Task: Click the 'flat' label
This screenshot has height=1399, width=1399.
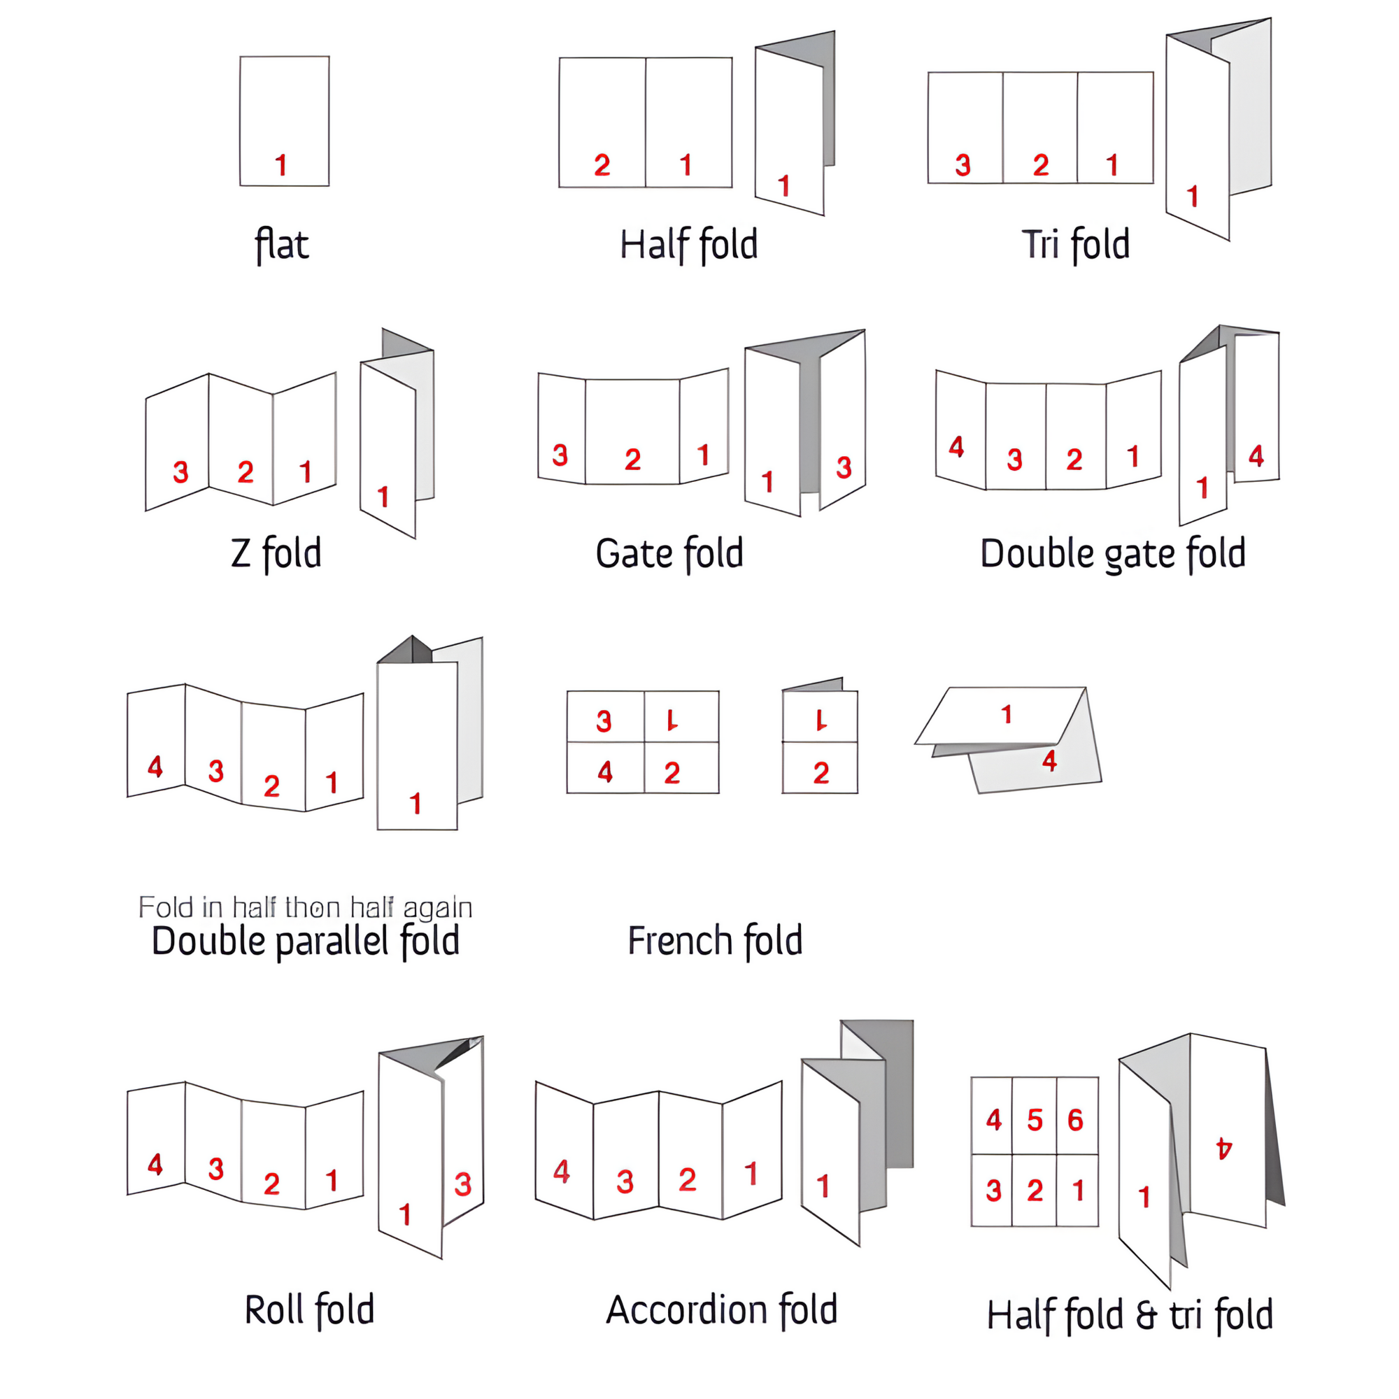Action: pyautogui.click(x=282, y=245)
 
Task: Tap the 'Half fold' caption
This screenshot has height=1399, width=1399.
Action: pyautogui.click(x=688, y=244)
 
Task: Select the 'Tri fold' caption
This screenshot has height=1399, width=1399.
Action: pyautogui.click(x=1075, y=244)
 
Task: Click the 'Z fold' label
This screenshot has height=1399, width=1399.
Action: pyautogui.click(x=276, y=554)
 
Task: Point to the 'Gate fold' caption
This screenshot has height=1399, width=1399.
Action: pyautogui.click(x=669, y=554)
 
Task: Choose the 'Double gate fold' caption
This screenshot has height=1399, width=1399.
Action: pyautogui.click(x=1113, y=555)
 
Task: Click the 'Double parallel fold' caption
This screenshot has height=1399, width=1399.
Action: pyautogui.click(x=306, y=942)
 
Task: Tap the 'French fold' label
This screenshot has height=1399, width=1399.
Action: pyautogui.click(x=715, y=941)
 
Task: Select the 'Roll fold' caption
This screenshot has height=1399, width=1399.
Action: pyautogui.click(x=309, y=1310)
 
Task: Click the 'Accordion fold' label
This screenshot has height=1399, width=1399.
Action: pyautogui.click(x=721, y=1310)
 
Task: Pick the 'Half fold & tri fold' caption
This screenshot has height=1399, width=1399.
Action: pyautogui.click(x=1130, y=1315)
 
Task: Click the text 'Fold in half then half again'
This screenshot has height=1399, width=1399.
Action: pyautogui.click(x=305, y=907)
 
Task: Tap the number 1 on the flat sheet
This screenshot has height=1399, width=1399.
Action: pyautogui.click(x=281, y=165)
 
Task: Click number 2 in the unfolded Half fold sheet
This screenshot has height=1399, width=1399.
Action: pyautogui.click(x=602, y=165)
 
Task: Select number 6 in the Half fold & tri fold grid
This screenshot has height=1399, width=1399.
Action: pyautogui.click(x=1075, y=1120)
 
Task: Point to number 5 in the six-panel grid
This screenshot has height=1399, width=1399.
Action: pyautogui.click(x=1035, y=1120)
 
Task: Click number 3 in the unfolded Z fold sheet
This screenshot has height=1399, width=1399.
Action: pyautogui.click(x=180, y=472)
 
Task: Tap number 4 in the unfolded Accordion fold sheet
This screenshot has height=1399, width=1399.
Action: pyautogui.click(x=561, y=1172)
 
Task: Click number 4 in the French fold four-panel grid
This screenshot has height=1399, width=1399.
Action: pyautogui.click(x=605, y=772)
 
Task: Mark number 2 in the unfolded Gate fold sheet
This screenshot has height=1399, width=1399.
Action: pyautogui.click(x=632, y=459)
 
